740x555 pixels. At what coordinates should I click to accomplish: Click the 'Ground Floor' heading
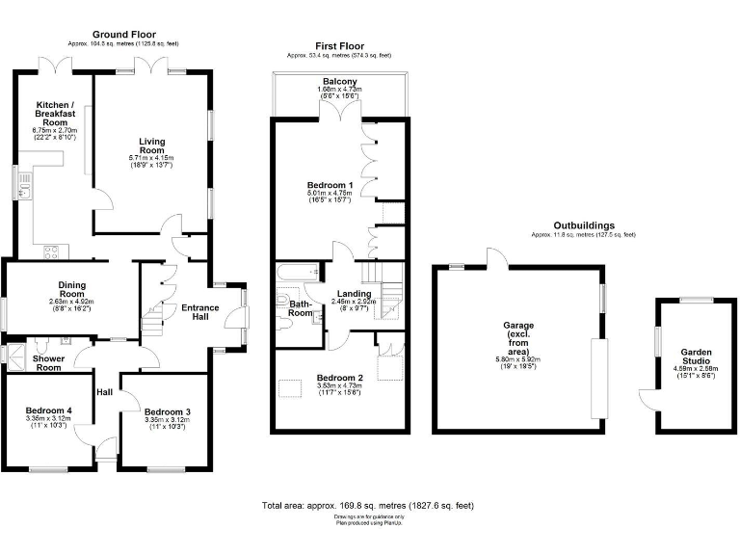(123, 35)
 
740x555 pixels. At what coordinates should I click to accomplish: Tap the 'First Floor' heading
(339, 46)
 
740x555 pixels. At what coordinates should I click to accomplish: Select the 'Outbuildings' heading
(584, 225)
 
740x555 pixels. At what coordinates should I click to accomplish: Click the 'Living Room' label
(152, 146)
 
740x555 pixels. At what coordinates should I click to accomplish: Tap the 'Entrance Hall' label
(199, 313)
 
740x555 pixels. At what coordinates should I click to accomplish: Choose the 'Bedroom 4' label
(47, 411)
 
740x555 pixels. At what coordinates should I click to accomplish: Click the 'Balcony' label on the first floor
(338, 81)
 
